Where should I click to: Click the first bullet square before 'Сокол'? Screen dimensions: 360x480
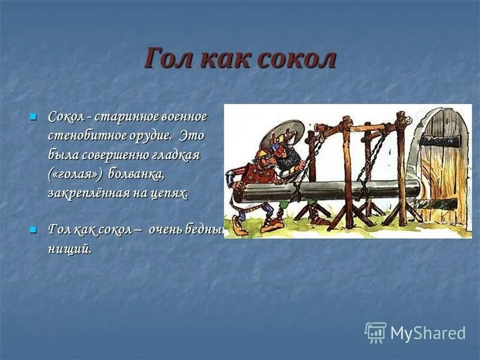34,115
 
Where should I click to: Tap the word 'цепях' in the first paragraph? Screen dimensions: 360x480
169,193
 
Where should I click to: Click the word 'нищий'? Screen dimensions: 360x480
70,250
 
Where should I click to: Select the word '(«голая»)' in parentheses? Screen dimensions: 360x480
75,174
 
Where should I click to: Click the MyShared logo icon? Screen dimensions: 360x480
375,332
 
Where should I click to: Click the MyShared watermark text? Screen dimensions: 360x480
428,334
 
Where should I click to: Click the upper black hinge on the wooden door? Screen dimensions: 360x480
441,141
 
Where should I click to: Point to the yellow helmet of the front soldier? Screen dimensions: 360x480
259,154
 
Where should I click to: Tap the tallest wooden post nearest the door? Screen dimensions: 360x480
401,168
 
